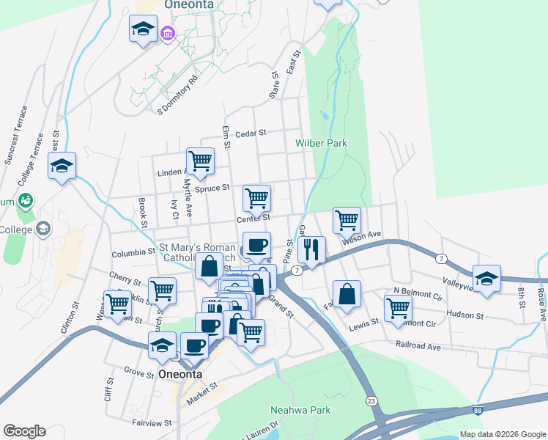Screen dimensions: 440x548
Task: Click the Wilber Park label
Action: coord(321,143)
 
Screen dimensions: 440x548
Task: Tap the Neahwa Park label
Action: coord(300,410)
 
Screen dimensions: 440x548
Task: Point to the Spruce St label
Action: coord(212,188)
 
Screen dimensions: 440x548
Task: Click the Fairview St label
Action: coord(152,423)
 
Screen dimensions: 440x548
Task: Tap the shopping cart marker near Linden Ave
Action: coord(199,161)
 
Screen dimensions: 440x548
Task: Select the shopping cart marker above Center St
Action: coord(256,197)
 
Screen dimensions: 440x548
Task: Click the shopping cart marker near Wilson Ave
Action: coord(347,219)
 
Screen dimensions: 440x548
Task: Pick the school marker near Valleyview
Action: coord(486,278)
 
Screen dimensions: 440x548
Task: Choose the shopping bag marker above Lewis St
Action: coord(347,294)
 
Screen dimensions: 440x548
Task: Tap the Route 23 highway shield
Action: coord(371,400)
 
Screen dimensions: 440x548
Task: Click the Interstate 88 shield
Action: coord(478,412)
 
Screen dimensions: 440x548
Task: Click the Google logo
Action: coord(24,431)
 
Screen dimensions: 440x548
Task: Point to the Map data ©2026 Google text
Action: coord(502,433)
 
